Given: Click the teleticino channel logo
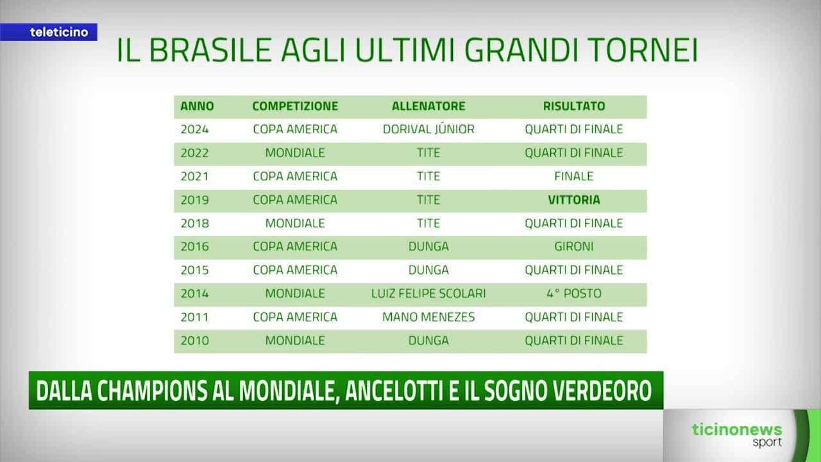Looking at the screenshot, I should [58, 32].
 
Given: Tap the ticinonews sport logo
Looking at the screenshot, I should [737, 434].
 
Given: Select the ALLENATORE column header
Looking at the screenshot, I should [428, 107].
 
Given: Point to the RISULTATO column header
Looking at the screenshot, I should [574, 107].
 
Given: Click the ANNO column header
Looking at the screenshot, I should [197, 107].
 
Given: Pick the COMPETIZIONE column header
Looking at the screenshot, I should [295, 107].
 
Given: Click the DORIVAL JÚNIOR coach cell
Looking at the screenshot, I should [428, 129].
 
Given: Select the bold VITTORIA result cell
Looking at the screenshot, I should [574, 200].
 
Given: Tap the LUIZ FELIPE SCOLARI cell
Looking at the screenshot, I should [428, 293].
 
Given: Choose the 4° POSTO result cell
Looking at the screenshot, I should [574, 293].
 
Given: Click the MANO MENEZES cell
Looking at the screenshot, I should [428, 317].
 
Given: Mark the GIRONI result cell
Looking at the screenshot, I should [574, 246].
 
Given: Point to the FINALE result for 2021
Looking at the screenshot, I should [574, 176].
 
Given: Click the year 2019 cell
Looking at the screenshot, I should [194, 200].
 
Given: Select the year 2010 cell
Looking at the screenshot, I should [194, 340].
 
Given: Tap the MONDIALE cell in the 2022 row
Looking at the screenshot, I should [295, 153].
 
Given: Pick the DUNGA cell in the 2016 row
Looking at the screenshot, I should [428, 246].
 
